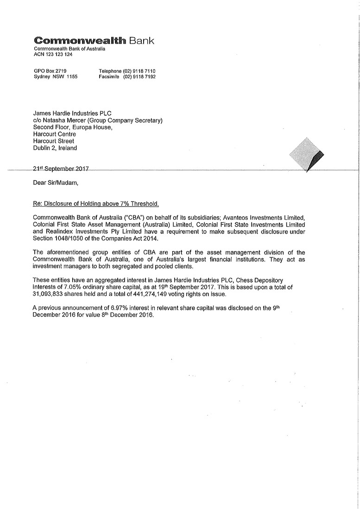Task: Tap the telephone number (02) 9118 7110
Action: point(139,71)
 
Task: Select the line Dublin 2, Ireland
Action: point(55,148)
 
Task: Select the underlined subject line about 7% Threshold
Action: point(95,204)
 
